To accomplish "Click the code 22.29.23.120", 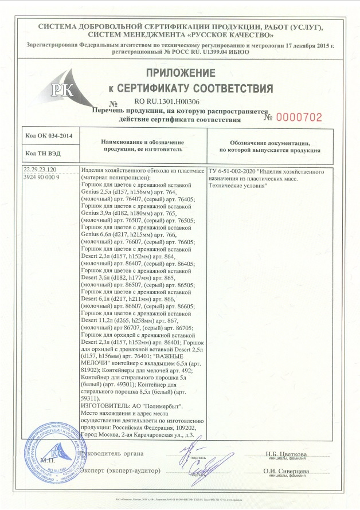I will (41, 171).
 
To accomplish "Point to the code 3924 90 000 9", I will (41, 178).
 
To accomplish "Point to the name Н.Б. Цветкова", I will (286, 454).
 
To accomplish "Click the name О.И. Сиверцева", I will (287, 470).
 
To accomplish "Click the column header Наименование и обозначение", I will (142, 141).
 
